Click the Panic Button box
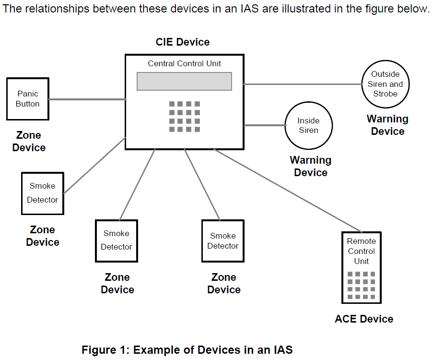coord(27,99)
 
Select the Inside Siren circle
coord(308,125)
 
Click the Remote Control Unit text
coord(362,251)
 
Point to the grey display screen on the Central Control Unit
coord(184,81)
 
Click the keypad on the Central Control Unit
coord(185,117)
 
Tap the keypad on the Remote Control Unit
coord(362,286)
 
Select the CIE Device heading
coord(183,42)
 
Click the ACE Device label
coord(364,319)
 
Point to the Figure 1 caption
coord(187,349)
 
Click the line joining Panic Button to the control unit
coord(87,100)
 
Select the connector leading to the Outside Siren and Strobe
coord(302,84)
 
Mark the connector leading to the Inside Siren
coord(264,125)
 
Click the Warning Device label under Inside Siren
coord(310,166)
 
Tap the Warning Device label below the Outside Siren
coord(387,125)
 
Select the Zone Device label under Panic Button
coord(29,142)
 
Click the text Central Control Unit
coord(184,63)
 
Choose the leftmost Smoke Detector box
coord(43,193)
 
